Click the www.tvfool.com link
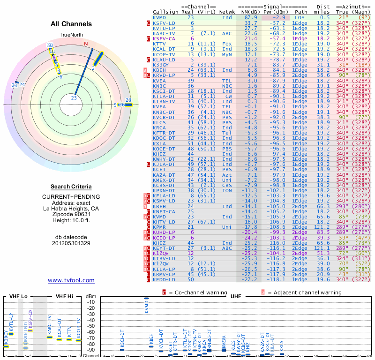point(71,280)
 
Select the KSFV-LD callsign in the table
point(164,22)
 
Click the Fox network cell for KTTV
point(227,44)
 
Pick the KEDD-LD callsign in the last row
point(164,279)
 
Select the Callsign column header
point(165,11)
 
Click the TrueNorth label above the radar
point(71,36)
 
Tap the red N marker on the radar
point(86,44)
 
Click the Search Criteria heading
point(71,187)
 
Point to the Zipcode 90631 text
point(71,214)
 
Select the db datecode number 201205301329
point(71,243)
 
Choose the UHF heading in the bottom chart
point(236,296)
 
